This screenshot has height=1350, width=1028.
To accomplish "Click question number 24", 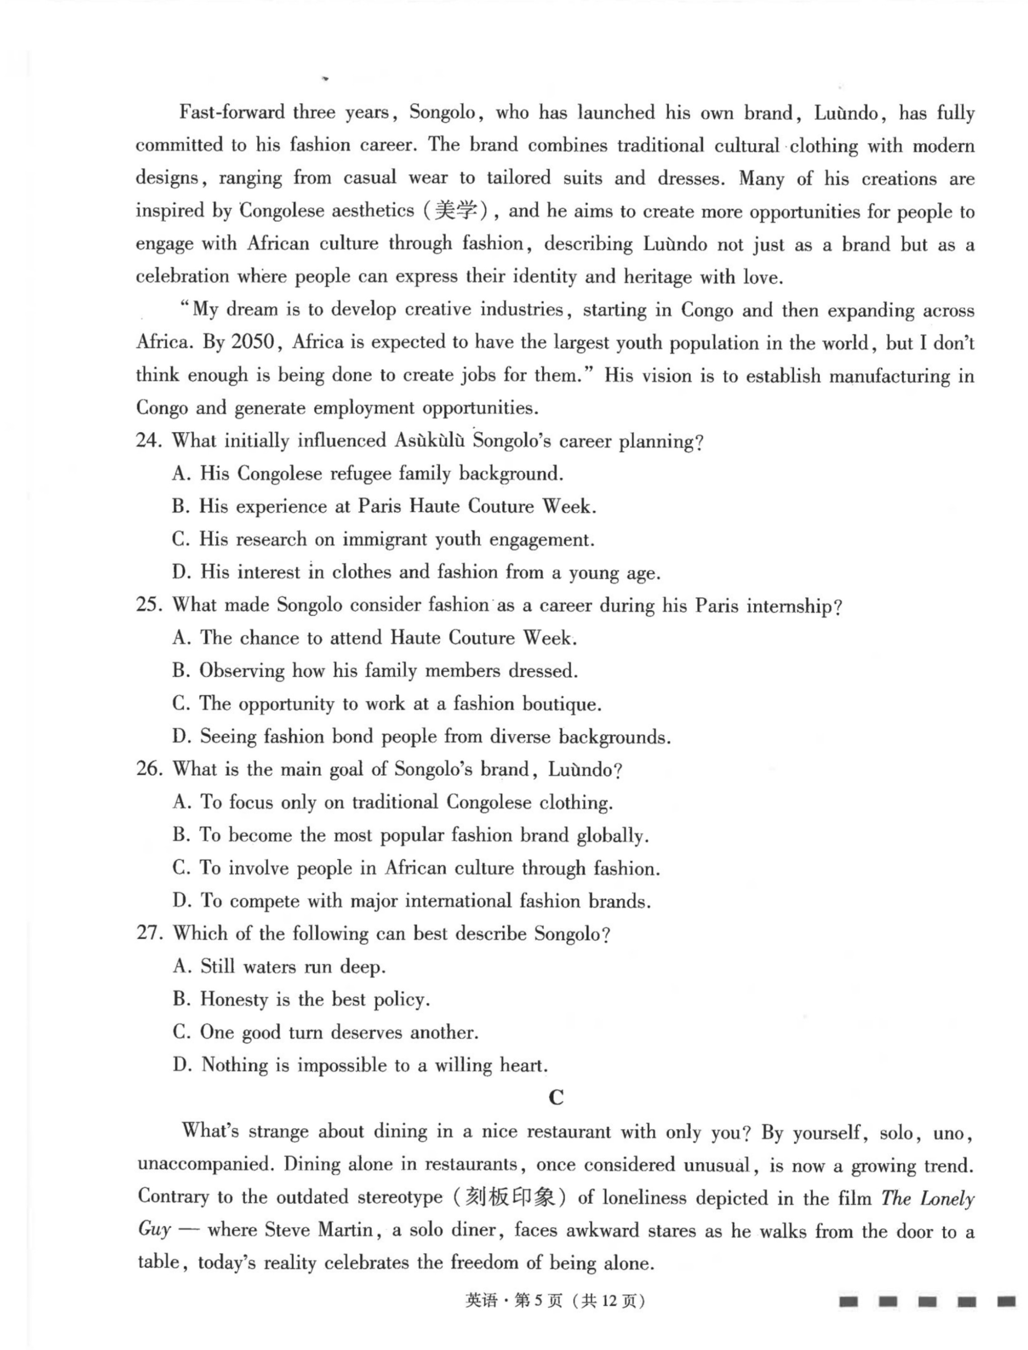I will (x=148, y=441).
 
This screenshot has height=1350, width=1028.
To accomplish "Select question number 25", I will (x=148, y=606).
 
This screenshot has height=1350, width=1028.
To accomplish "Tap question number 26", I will (x=148, y=770).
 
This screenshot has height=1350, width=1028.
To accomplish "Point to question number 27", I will (x=148, y=934).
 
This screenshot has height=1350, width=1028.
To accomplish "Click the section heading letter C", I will (x=555, y=1098).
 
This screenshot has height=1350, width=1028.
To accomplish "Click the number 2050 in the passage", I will (x=252, y=342).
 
